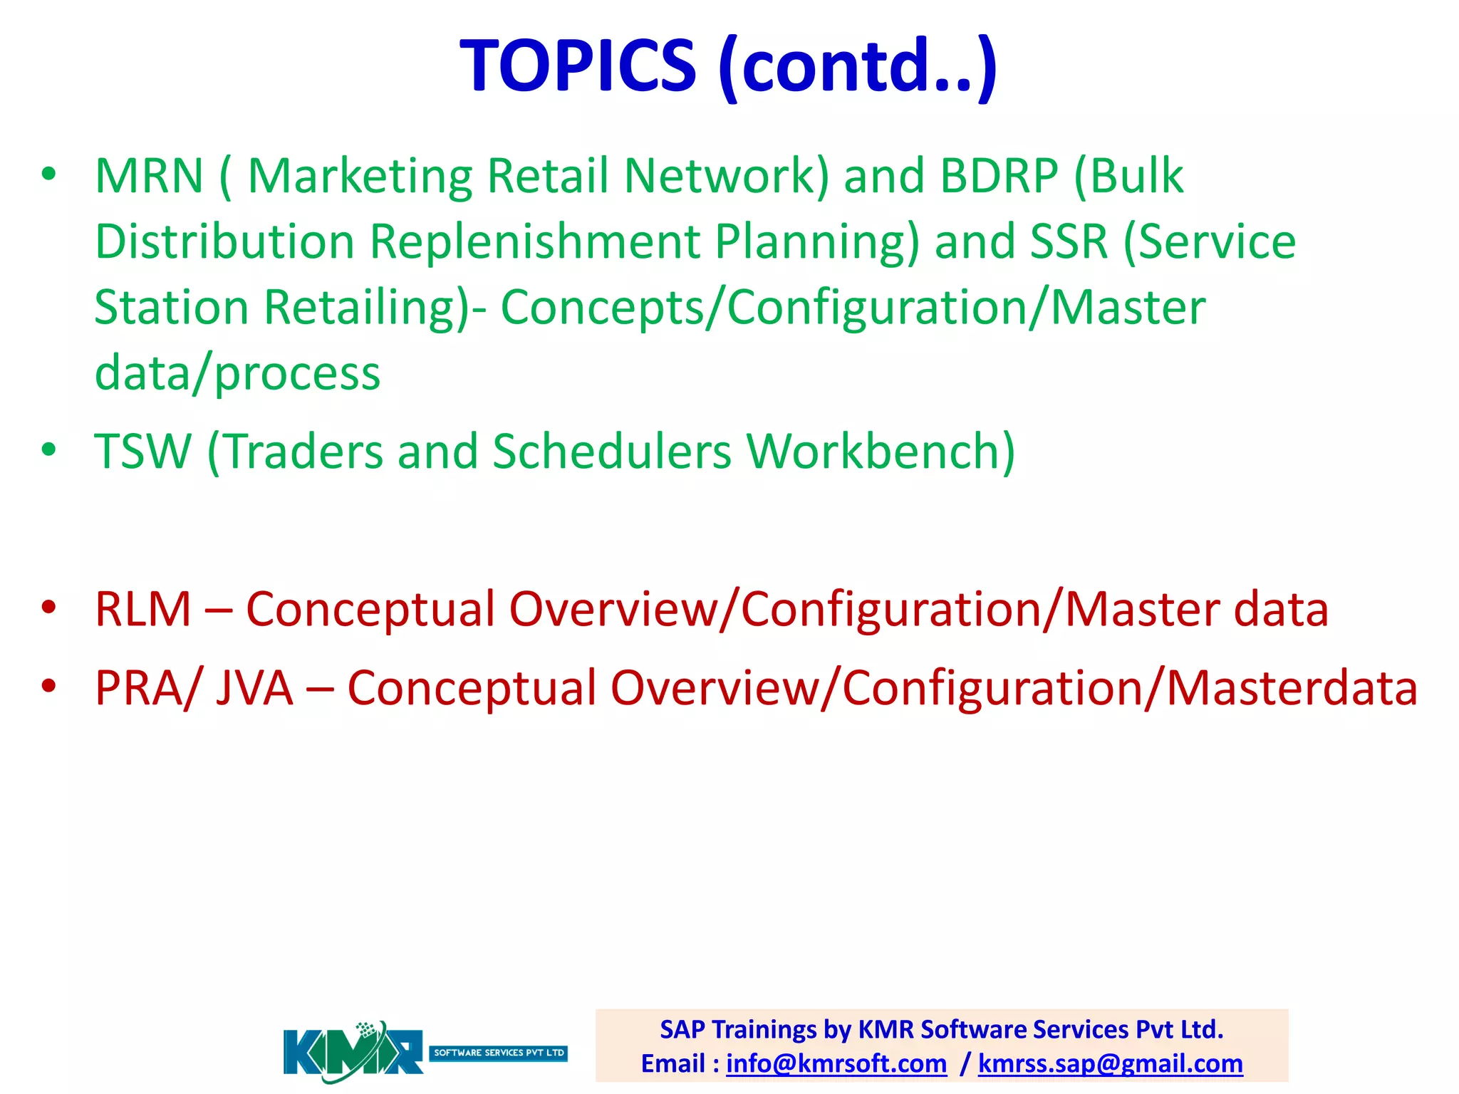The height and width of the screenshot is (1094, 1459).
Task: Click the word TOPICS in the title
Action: (x=578, y=66)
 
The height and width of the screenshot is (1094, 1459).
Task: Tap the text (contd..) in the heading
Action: (x=857, y=66)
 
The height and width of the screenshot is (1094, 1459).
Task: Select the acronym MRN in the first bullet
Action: (x=150, y=176)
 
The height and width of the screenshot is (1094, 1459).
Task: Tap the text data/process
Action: (x=237, y=373)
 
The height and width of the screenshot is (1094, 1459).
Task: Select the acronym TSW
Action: (x=143, y=452)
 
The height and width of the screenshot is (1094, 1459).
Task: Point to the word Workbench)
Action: (x=881, y=452)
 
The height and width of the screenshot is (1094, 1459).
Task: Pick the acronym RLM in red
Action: (x=143, y=610)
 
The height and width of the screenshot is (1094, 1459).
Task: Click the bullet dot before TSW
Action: (x=48, y=449)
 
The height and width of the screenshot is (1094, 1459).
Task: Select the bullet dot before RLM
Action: (x=48, y=608)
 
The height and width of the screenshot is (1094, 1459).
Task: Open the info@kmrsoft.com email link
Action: (x=836, y=1063)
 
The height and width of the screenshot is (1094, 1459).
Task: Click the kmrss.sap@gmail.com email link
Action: (x=1110, y=1063)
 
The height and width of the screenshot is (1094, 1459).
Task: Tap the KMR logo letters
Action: (x=353, y=1053)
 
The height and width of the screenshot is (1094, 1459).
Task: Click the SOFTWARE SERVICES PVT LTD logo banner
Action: (x=499, y=1053)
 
